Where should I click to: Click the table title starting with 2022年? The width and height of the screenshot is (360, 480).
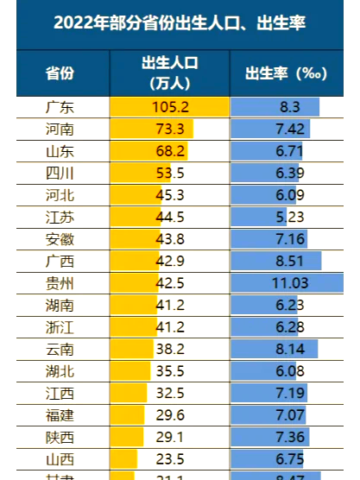coord(179,24)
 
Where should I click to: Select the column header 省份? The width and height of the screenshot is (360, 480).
coord(60,73)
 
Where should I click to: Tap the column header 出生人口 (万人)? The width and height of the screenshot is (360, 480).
coord(169,73)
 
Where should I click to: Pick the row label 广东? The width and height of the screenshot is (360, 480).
coord(60,107)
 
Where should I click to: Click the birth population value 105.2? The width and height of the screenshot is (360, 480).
coord(169,107)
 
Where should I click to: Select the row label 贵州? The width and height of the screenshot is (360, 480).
coord(60,282)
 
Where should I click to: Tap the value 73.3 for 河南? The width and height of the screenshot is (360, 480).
coord(169,129)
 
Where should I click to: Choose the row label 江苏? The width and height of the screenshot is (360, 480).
coord(60,217)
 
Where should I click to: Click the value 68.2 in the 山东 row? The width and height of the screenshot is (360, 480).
coord(169,151)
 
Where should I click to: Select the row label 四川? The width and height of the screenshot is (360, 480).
coord(60,173)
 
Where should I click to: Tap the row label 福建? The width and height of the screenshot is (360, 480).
coord(60,414)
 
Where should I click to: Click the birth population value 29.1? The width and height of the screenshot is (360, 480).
coord(169,436)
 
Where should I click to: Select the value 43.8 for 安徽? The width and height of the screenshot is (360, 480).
coord(169,238)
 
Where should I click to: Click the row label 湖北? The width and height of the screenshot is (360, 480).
coord(60,369)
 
